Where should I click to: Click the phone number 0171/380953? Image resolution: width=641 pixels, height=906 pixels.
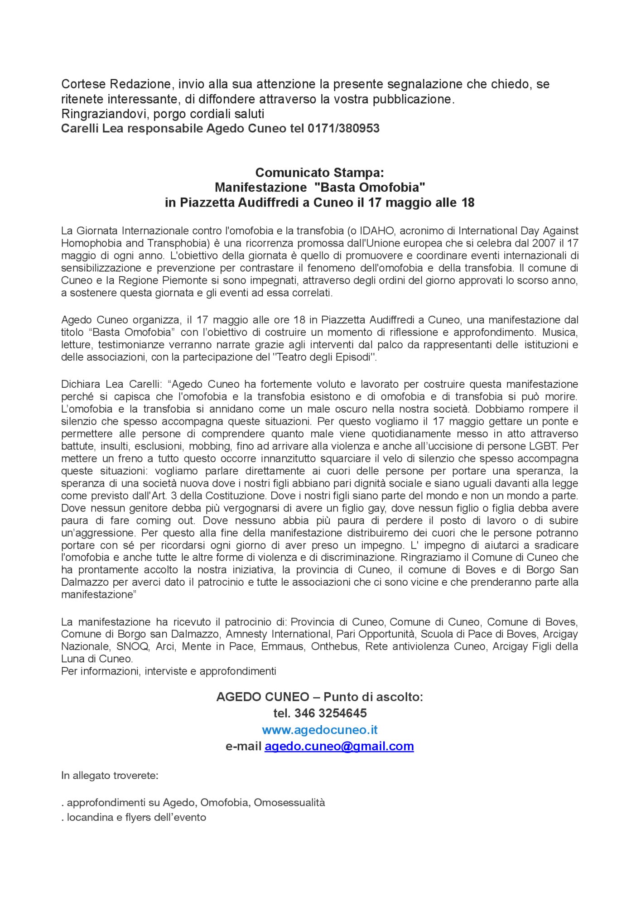click(343, 129)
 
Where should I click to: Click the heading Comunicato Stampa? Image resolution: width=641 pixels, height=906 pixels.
click(319, 173)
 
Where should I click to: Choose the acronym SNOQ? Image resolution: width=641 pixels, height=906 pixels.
click(132, 646)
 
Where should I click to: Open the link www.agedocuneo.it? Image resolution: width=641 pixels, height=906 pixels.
click(319, 730)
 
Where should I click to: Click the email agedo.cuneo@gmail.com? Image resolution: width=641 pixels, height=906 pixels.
click(339, 746)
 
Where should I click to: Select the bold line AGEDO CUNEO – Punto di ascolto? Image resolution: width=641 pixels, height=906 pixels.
click(319, 697)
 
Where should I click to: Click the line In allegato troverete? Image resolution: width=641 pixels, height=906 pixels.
click(110, 776)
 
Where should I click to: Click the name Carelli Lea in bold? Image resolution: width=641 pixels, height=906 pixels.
click(92, 129)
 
